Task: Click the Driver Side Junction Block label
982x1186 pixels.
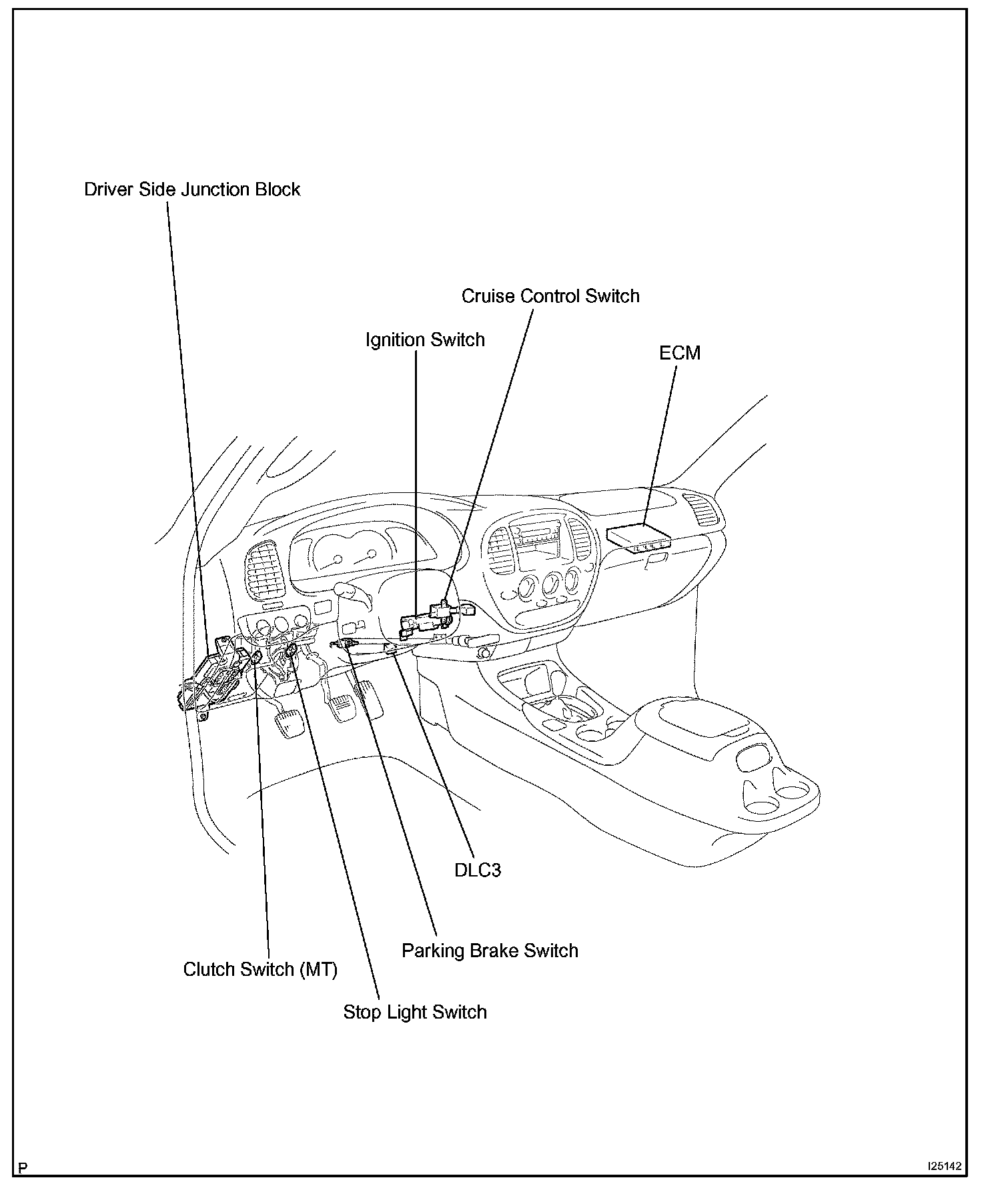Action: pyautogui.click(x=192, y=189)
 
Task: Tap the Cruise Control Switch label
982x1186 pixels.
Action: pyautogui.click(x=550, y=296)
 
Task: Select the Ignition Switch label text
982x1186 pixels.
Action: pyautogui.click(x=425, y=340)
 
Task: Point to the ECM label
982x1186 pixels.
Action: pyautogui.click(x=680, y=353)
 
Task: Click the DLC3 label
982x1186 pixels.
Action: pyautogui.click(x=477, y=870)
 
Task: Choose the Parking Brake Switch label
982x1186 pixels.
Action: pyautogui.click(x=490, y=951)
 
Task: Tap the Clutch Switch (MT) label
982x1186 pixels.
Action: pyautogui.click(x=260, y=969)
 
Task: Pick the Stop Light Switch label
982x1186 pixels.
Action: pyautogui.click(x=415, y=1012)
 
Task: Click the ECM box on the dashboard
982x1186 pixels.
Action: pyautogui.click(x=637, y=536)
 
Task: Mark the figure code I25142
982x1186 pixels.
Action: pyautogui.click(x=943, y=1167)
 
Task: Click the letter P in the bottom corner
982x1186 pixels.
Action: pyautogui.click(x=23, y=1167)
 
